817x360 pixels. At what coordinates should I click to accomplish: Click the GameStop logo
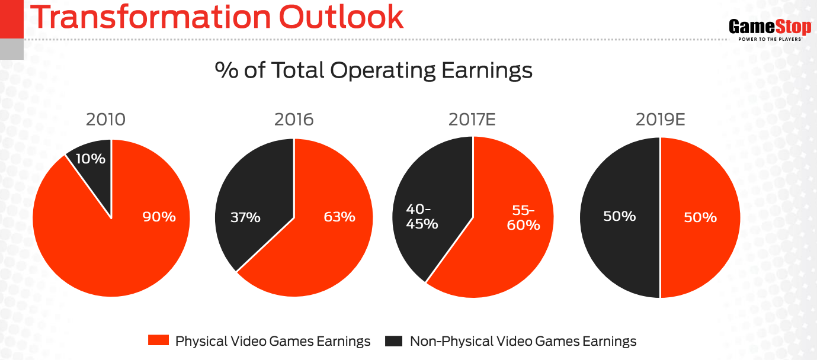coord(769,27)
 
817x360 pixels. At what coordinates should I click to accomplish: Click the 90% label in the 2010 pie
coord(159,217)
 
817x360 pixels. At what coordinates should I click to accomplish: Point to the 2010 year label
coord(105,120)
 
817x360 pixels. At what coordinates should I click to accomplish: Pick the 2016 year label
coord(293,120)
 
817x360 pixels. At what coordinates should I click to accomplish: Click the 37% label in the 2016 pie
coord(245,217)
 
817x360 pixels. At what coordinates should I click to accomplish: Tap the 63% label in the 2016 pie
coord(339,217)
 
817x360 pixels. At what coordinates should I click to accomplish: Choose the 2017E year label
coord(472,120)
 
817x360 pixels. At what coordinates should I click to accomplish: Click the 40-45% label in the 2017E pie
coord(422,217)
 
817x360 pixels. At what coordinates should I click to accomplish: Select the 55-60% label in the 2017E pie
coord(524,217)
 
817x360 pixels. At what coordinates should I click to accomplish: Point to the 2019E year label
coord(660,120)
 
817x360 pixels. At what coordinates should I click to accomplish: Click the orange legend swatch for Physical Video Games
coord(158,341)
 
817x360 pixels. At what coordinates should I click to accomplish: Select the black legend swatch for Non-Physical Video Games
coord(393,341)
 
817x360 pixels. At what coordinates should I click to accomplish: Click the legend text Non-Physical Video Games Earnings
coord(523,341)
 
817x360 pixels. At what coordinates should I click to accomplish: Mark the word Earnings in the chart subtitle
coord(487,71)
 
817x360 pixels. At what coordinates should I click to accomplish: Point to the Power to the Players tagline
coord(770,39)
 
